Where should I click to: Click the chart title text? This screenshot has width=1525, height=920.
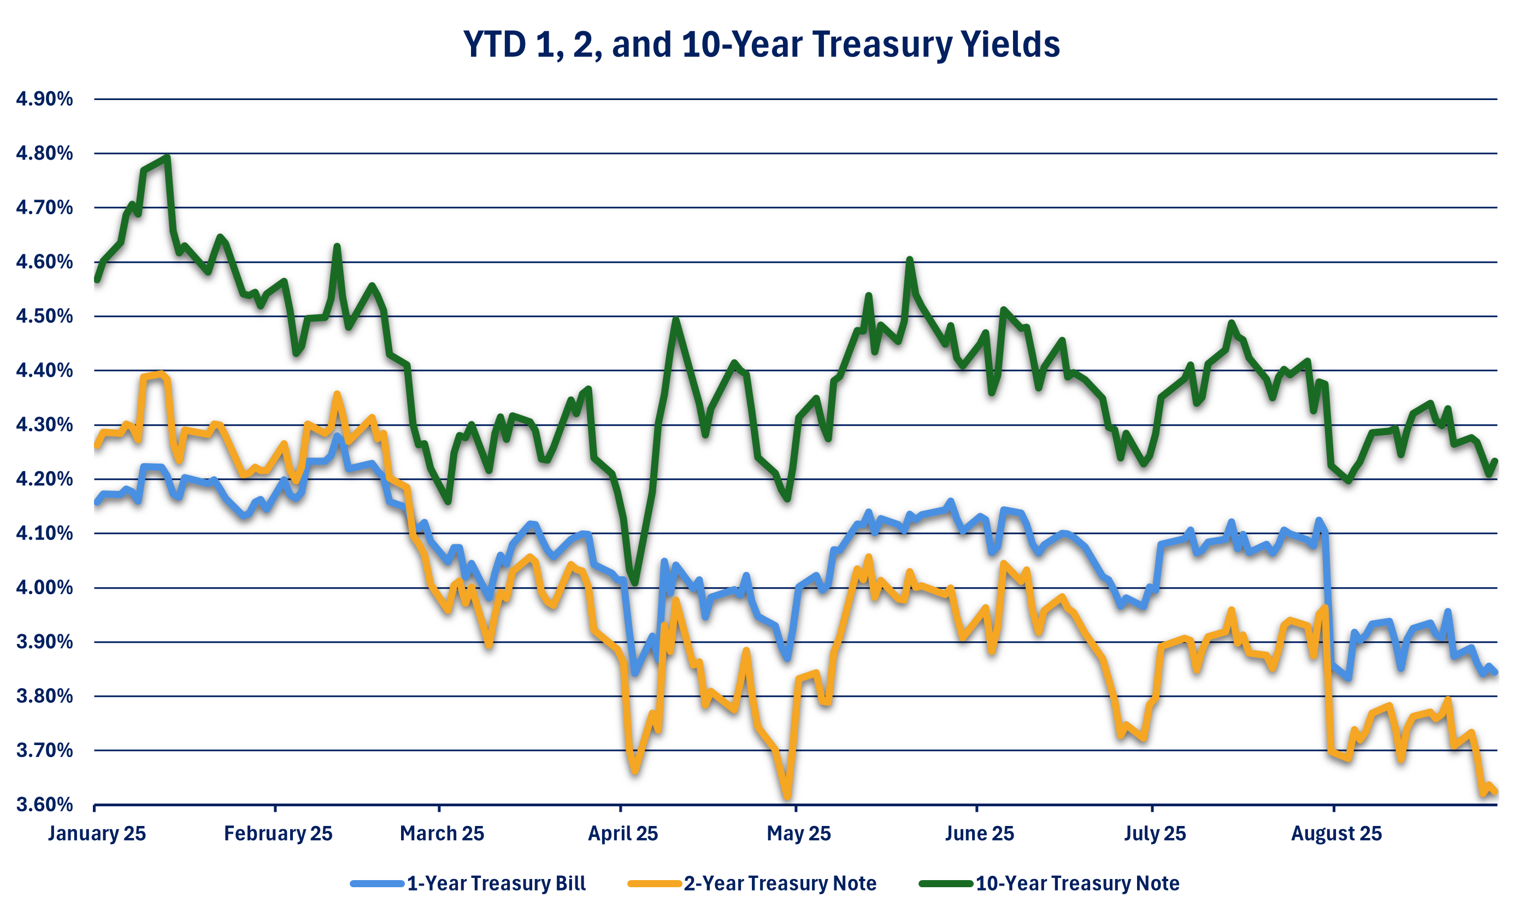pyautogui.click(x=762, y=45)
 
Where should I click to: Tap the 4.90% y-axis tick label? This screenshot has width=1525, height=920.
pyautogui.click(x=45, y=99)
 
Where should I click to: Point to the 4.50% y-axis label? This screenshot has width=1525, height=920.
pyautogui.click(x=45, y=317)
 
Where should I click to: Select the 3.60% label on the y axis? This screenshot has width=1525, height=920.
pyautogui.click(x=45, y=805)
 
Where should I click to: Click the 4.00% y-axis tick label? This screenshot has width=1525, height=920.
pyautogui.click(x=45, y=588)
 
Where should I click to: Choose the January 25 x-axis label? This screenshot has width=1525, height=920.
pyautogui.click(x=97, y=833)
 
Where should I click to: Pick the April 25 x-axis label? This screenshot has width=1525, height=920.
pyautogui.click(x=623, y=833)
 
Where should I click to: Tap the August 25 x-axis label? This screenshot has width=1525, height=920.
pyautogui.click(x=1336, y=833)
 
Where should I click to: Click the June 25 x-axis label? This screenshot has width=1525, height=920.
pyautogui.click(x=979, y=833)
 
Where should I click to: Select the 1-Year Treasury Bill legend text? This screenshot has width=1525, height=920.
pyautogui.click(x=496, y=883)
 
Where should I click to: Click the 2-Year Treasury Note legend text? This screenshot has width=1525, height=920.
pyautogui.click(x=780, y=883)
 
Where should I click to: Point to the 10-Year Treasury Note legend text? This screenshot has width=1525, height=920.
pyautogui.click(x=1077, y=883)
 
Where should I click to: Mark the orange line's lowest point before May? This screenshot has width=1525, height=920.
pyautogui.click(x=787, y=798)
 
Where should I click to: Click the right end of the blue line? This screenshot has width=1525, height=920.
pyautogui.click(x=1496, y=672)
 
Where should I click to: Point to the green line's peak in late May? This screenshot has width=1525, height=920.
pyautogui.click(x=909, y=260)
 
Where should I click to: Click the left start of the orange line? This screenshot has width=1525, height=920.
pyautogui.click(x=97, y=445)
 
